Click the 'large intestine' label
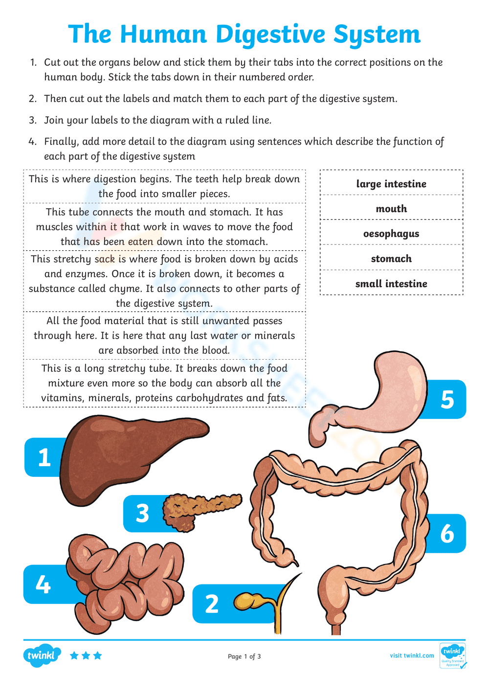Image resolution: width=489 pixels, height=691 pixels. [391, 184]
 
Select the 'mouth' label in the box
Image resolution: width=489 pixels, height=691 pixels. [391, 209]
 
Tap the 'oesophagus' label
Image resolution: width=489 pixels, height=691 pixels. [391, 234]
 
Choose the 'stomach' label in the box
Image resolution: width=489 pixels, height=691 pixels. [391, 259]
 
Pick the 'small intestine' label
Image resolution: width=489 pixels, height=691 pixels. [391, 283]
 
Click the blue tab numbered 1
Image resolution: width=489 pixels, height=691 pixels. [44, 457]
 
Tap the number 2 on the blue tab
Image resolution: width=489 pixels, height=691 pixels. [212, 604]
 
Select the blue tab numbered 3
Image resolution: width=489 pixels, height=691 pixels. [142, 514]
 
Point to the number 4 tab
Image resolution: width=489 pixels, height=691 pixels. [43, 584]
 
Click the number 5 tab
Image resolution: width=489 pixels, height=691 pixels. [447, 399]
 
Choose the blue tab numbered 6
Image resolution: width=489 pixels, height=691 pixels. [447, 533]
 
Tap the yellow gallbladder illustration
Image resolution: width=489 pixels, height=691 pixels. [249, 601]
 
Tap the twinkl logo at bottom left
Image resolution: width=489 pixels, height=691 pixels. [42, 655]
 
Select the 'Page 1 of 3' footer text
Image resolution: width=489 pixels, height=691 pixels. [244, 656]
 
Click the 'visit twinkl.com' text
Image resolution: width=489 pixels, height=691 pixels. [412, 655]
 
